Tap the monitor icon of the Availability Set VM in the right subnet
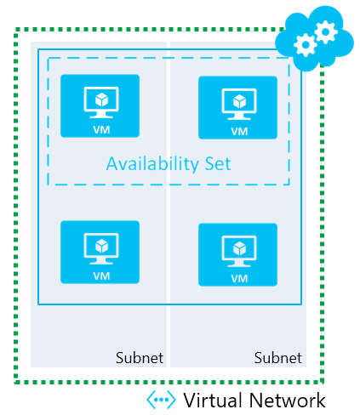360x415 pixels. (x=238, y=103)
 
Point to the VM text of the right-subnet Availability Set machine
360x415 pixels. (x=239, y=132)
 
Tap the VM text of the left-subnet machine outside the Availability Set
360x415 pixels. (x=101, y=276)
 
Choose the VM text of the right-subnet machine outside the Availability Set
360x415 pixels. (x=239, y=279)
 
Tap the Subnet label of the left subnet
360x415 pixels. (x=139, y=357)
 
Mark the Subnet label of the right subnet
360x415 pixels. (x=277, y=357)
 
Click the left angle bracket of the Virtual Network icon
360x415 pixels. (x=151, y=400)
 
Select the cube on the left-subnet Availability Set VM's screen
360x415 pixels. (x=100, y=97)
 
